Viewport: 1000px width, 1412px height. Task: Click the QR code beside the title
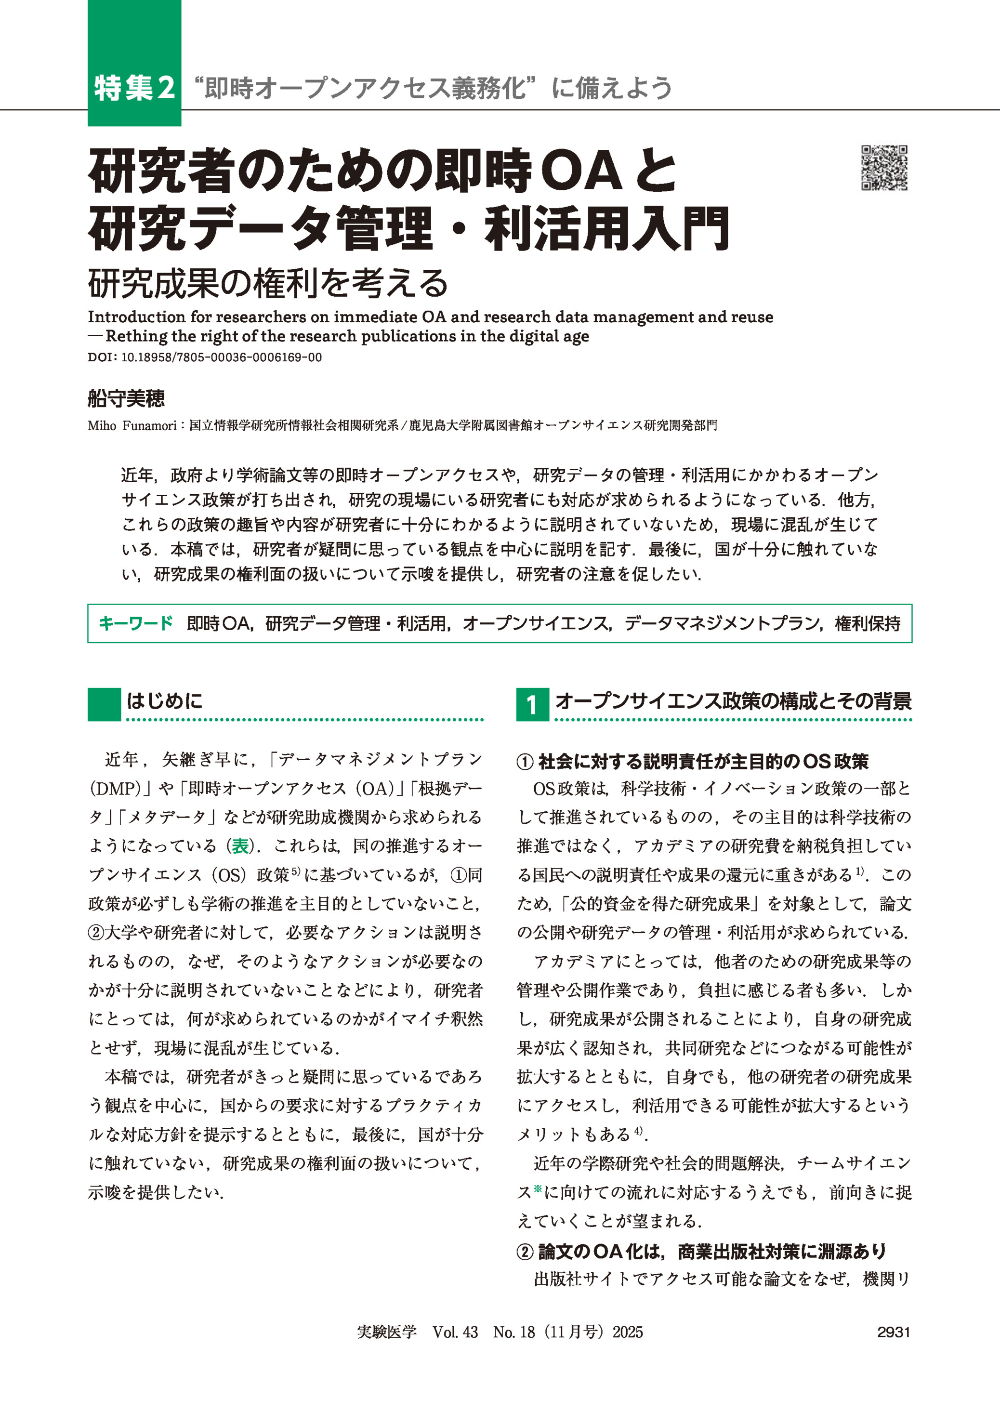coord(884,168)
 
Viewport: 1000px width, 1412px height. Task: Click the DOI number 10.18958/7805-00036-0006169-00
coord(221,357)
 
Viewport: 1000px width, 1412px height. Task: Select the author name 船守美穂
coord(126,398)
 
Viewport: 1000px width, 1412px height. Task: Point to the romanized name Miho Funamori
coord(132,425)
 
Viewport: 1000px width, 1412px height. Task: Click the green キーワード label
coord(135,623)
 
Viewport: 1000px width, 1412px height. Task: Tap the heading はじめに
coord(164,701)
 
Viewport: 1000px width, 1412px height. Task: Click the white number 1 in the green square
coord(532,704)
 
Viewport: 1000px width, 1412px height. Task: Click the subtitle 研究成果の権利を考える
coord(268,283)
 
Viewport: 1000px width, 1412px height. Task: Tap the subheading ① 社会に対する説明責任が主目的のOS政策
coord(692,761)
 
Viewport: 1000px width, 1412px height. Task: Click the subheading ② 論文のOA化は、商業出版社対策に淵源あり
coord(701,1251)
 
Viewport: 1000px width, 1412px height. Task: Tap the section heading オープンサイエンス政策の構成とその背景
coord(733,701)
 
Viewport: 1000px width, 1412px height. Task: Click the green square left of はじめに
coord(104,704)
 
